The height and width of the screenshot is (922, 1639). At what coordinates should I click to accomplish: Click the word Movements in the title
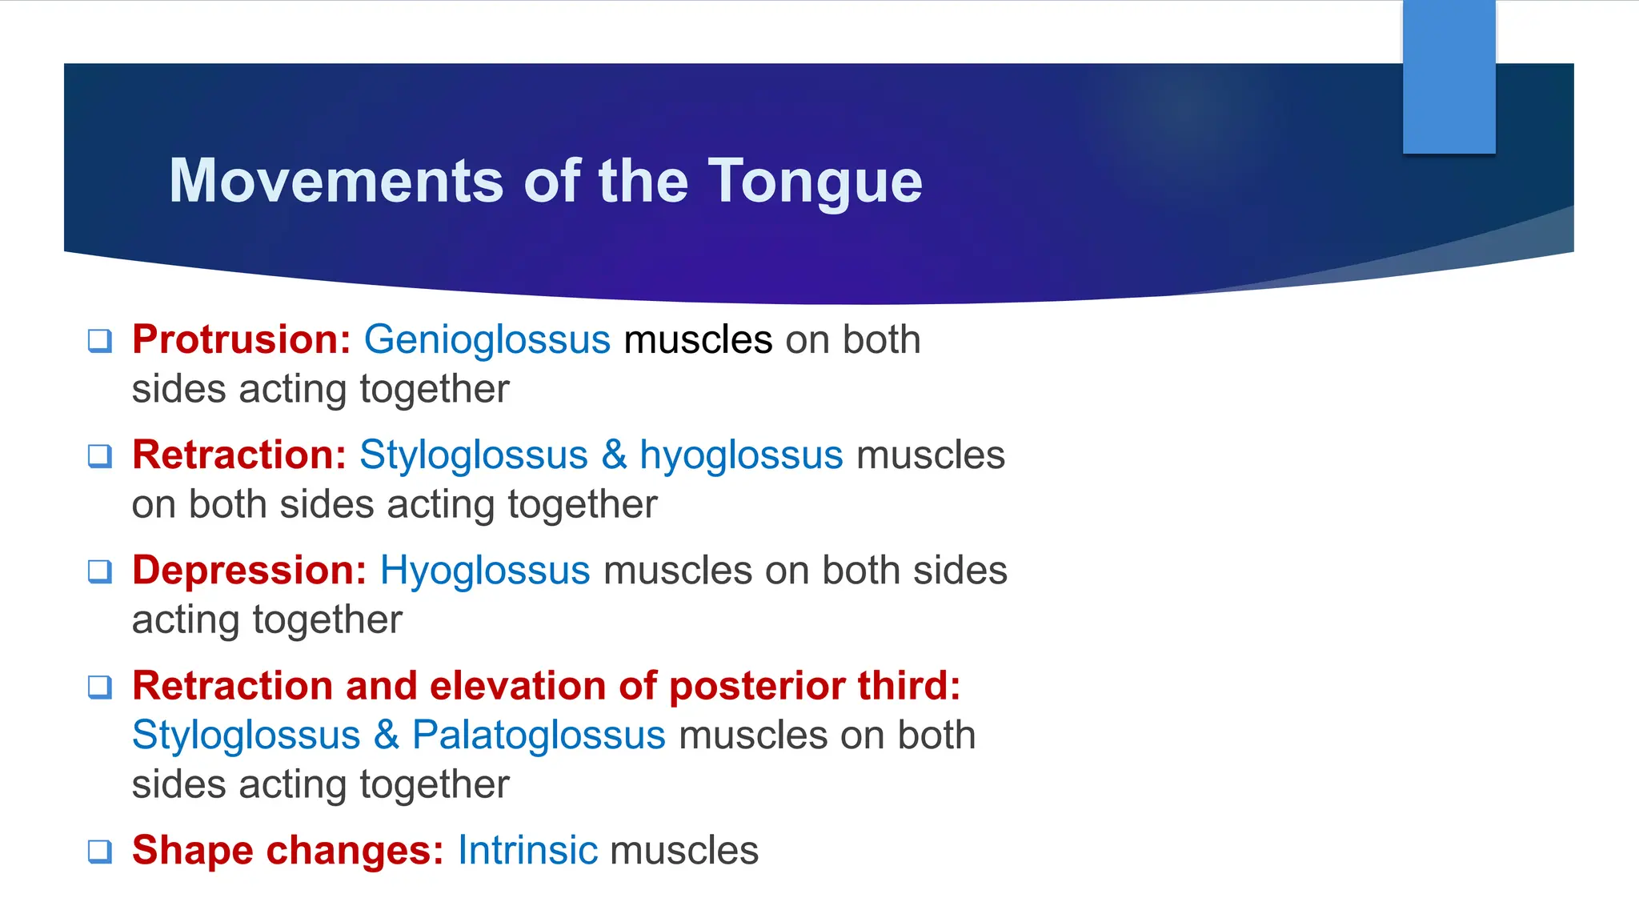coord(336,181)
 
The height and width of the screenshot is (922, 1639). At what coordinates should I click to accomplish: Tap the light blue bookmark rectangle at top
coord(1449,76)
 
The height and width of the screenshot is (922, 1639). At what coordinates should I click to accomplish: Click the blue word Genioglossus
coord(487,339)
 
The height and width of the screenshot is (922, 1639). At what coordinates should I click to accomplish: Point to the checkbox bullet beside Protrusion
coord(99,341)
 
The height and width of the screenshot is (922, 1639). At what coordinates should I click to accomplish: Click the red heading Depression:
coord(249,571)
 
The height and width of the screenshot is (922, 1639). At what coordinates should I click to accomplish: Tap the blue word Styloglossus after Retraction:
coord(474,455)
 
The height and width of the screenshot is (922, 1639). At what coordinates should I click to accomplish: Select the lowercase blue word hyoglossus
coord(741,455)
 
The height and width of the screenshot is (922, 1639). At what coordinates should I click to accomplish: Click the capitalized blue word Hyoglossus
coord(485,571)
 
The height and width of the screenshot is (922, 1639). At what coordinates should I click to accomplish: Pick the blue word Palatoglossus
coord(539,735)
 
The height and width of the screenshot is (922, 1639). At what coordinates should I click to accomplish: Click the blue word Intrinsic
coord(527,850)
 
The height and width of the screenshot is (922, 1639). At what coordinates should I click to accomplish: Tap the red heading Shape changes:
coord(287,850)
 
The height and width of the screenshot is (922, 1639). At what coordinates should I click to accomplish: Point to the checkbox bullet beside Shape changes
coord(99,851)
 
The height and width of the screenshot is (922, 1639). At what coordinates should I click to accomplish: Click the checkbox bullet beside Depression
coord(99,571)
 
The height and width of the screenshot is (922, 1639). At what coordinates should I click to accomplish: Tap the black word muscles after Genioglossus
coord(698,339)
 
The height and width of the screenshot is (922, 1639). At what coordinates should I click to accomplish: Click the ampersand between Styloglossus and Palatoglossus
coord(387,735)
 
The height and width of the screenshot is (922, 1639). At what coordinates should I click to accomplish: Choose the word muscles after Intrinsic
coord(684,850)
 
